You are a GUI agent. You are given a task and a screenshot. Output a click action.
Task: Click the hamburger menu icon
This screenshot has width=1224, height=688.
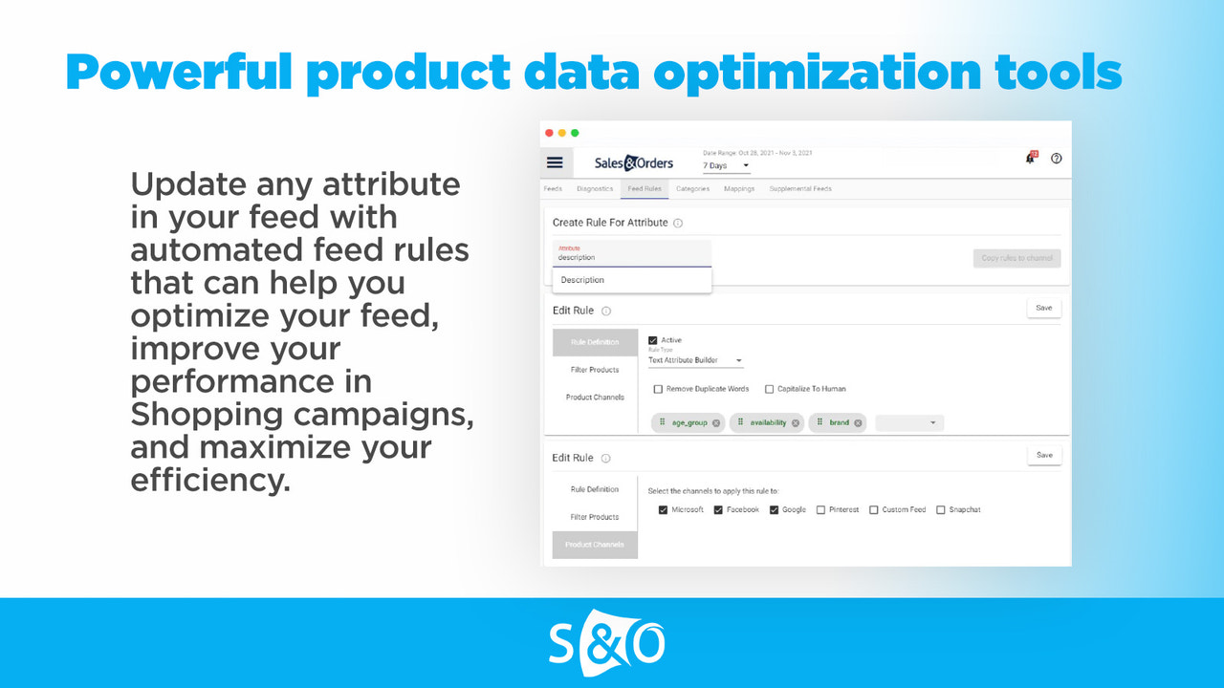pos(555,162)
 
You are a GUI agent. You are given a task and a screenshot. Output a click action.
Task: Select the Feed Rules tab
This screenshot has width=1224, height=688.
pos(645,189)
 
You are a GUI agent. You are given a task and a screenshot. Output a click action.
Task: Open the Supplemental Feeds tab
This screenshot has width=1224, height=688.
pos(800,189)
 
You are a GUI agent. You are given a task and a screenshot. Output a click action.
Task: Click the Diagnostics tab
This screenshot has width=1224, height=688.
pos(595,189)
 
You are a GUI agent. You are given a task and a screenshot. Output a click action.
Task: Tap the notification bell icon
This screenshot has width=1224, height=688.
pos(1030,159)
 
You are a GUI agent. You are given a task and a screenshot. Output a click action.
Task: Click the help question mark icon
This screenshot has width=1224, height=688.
pos(1057,159)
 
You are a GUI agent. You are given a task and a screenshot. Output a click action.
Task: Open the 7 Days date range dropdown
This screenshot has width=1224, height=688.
pos(727,166)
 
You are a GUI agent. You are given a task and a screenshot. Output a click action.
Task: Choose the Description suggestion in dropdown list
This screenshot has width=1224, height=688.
pos(582,280)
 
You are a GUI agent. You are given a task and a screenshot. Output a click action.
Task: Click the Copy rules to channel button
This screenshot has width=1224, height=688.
pos(1016,258)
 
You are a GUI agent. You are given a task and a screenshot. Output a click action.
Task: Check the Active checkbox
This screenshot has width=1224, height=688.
pos(653,340)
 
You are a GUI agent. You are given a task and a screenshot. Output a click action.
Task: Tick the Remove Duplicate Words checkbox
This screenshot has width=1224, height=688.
pos(658,389)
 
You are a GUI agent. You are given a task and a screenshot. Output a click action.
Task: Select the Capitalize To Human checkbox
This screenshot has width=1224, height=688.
pos(770,389)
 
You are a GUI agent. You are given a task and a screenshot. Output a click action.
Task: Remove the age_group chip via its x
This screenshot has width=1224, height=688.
pos(716,422)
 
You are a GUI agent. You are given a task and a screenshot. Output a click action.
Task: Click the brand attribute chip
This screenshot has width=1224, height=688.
pos(839,422)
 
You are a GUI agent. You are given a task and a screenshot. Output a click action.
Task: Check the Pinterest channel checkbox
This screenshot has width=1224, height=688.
pos(821,510)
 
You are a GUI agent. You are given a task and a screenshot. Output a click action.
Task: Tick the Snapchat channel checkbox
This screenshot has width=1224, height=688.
pos(941,510)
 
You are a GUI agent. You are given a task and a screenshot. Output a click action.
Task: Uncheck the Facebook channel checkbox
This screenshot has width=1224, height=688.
pos(718,510)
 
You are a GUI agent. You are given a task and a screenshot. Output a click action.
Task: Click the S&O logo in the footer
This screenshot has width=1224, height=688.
pos(607,643)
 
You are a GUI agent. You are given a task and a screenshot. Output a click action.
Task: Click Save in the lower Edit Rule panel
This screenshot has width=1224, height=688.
pos(1044,455)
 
